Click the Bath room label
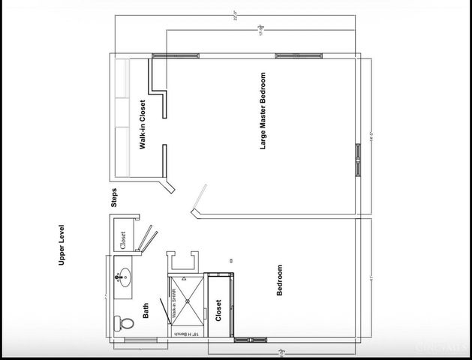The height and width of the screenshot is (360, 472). coord(146,310)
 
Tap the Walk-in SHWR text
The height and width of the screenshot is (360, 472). coord(174,303)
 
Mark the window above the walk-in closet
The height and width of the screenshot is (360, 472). coord(176,55)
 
